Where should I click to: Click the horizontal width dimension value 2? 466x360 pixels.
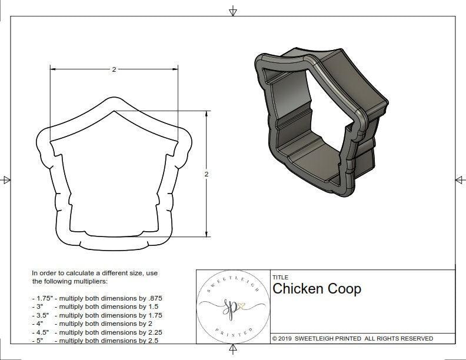(x=114, y=69)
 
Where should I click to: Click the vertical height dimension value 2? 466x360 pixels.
(x=207, y=174)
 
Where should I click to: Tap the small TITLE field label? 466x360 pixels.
(x=279, y=277)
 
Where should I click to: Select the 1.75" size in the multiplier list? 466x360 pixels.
(x=42, y=298)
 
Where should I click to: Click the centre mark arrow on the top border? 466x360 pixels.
(x=233, y=11)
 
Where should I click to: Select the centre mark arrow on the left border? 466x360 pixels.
(x=6, y=179)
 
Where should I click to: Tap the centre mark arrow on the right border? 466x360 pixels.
(x=460, y=179)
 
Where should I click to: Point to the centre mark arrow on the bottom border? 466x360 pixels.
(x=233, y=349)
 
